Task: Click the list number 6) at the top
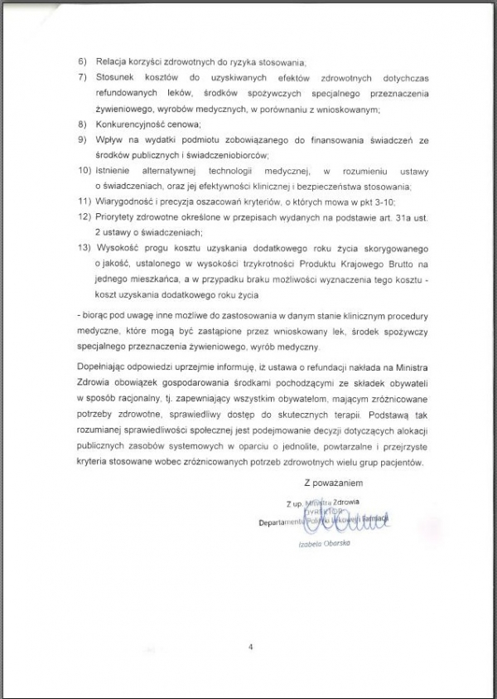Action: [82, 63]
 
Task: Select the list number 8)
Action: [82, 124]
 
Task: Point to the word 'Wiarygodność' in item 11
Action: [123, 201]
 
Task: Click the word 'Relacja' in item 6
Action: [111, 63]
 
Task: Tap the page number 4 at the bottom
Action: [249, 645]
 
